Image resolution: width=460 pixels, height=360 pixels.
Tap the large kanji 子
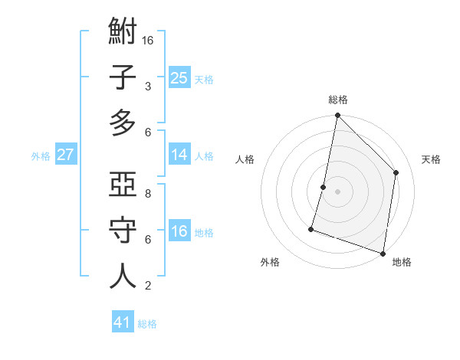pyautogui.click(x=123, y=79)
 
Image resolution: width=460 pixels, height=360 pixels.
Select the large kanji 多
pyautogui.click(x=123, y=123)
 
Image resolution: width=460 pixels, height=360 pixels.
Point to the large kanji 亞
pyautogui.click(x=123, y=185)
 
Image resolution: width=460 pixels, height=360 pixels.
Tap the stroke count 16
pyautogui.click(x=149, y=40)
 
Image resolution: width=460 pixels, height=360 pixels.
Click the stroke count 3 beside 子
pyautogui.click(x=148, y=86)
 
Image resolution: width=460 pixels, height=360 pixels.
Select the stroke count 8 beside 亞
pyautogui.click(x=148, y=193)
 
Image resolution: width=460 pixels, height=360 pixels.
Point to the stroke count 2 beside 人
pyautogui.click(x=148, y=285)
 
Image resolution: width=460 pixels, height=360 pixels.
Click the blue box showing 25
pyautogui.click(x=179, y=77)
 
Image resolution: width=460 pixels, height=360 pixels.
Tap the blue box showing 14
pyautogui.click(x=179, y=155)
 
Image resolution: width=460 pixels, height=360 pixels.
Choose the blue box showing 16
pyautogui.click(x=179, y=231)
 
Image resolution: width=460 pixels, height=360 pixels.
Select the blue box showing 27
pyautogui.click(x=66, y=155)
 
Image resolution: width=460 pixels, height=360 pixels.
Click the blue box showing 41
pyautogui.click(x=123, y=322)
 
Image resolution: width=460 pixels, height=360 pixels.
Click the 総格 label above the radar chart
pyautogui.click(x=337, y=100)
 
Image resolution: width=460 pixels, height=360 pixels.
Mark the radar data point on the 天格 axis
pyautogui.click(x=396, y=172)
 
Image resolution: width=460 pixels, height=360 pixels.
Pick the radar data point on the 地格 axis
pyautogui.click(x=383, y=253)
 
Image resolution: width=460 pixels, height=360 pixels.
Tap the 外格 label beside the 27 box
pyautogui.click(x=41, y=156)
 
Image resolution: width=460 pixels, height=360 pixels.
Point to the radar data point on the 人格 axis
pyautogui.click(x=324, y=187)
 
